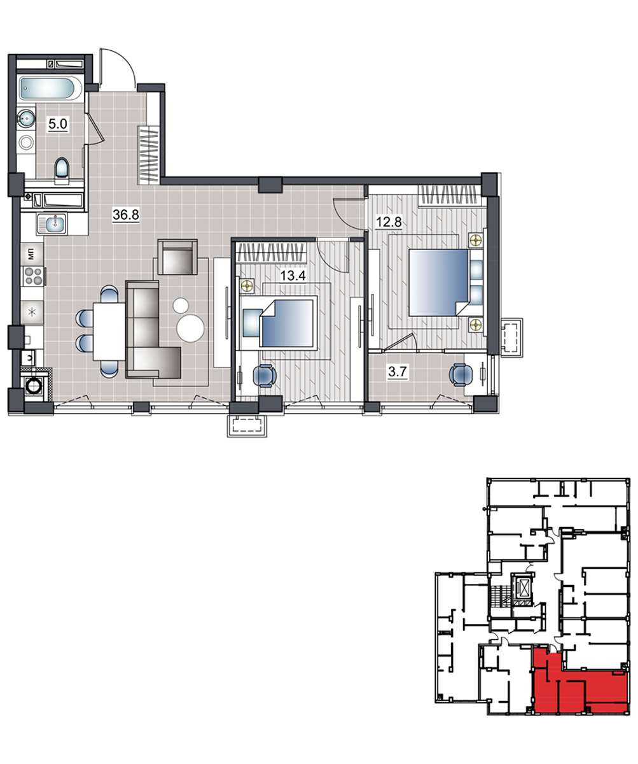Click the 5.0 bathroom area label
pyautogui.click(x=58, y=124)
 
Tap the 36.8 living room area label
pyautogui.click(x=126, y=215)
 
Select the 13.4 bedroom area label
pyautogui.click(x=293, y=275)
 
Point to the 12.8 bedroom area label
pyautogui.click(x=389, y=222)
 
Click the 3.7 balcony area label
pyautogui.click(x=398, y=372)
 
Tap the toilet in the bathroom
pyautogui.click(x=62, y=171)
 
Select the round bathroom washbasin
pyautogui.click(x=26, y=118)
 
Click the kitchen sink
pyautogui.click(x=52, y=223)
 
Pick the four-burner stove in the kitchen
pyautogui.click(x=33, y=276)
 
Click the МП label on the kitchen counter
pyautogui.click(x=31, y=253)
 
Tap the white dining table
pyautogui.click(x=109, y=332)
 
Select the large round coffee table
pyautogui.click(x=190, y=329)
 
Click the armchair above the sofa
pyautogui.click(x=177, y=257)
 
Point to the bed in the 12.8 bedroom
pyautogui.click(x=438, y=282)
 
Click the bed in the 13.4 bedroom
pyautogui.click(x=288, y=323)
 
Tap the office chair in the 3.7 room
pyautogui.click(x=461, y=375)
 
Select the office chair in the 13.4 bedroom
pyautogui.click(x=265, y=376)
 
